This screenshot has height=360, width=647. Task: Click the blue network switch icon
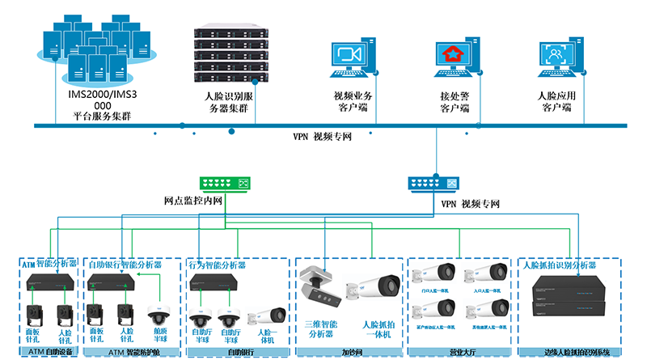click(433, 184)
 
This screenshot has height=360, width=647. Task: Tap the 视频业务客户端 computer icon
click(350, 61)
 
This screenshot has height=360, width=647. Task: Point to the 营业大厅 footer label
click(459, 352)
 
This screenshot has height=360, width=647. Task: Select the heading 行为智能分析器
click(218, 265)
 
